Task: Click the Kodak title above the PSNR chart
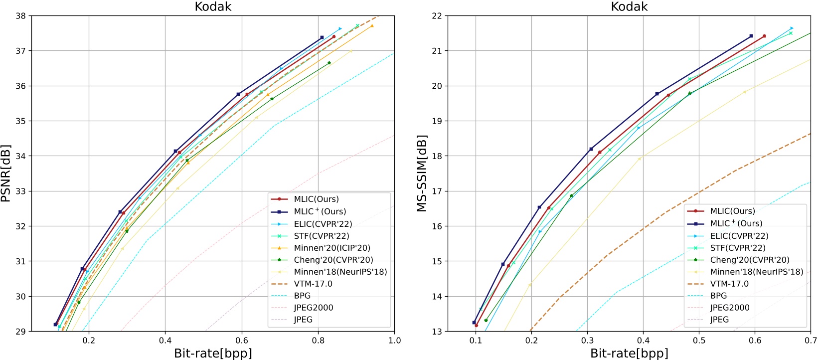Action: coord(213,6)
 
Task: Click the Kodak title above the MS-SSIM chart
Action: coord(629,6)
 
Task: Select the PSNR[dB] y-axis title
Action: coord(6,174)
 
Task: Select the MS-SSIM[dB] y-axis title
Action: coord(422,174)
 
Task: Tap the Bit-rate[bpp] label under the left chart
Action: coord(213,354)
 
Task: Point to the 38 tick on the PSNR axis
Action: coord(20,16)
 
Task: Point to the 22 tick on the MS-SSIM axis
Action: coord(437,16)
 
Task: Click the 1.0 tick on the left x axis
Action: coord(394,341)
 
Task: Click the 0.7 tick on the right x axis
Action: coord(811,341)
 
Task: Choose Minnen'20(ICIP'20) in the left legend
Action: coord(332,248)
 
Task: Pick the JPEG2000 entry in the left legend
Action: coord(314,308)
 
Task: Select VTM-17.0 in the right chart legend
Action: coord(729,284)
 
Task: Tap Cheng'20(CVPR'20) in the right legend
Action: coord(750,260)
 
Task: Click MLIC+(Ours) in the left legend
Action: coord(320,211)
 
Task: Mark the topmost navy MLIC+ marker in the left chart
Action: coord(322,37)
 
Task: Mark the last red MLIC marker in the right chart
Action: coord(764,36)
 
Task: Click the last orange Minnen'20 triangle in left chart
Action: coord(372,26)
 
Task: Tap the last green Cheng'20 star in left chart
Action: coord(329,63)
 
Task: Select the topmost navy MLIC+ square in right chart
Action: coord(751,36)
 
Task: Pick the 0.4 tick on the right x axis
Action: coord(643,341)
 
